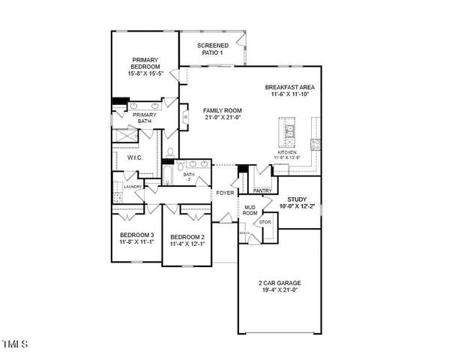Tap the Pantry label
click(x=262, y=190)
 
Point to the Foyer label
click(x=225, y=193)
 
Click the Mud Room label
click(x=250, y=209)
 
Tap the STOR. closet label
click(x=265, y=223)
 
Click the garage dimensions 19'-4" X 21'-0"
click(x=279, y=289)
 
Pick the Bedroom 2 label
click(x=186, y=236)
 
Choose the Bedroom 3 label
click(x=136, y=235)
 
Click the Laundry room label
click(x=133, y=186)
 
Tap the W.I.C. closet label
click(x=135, y=157)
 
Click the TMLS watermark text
click(x=14, y=345)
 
